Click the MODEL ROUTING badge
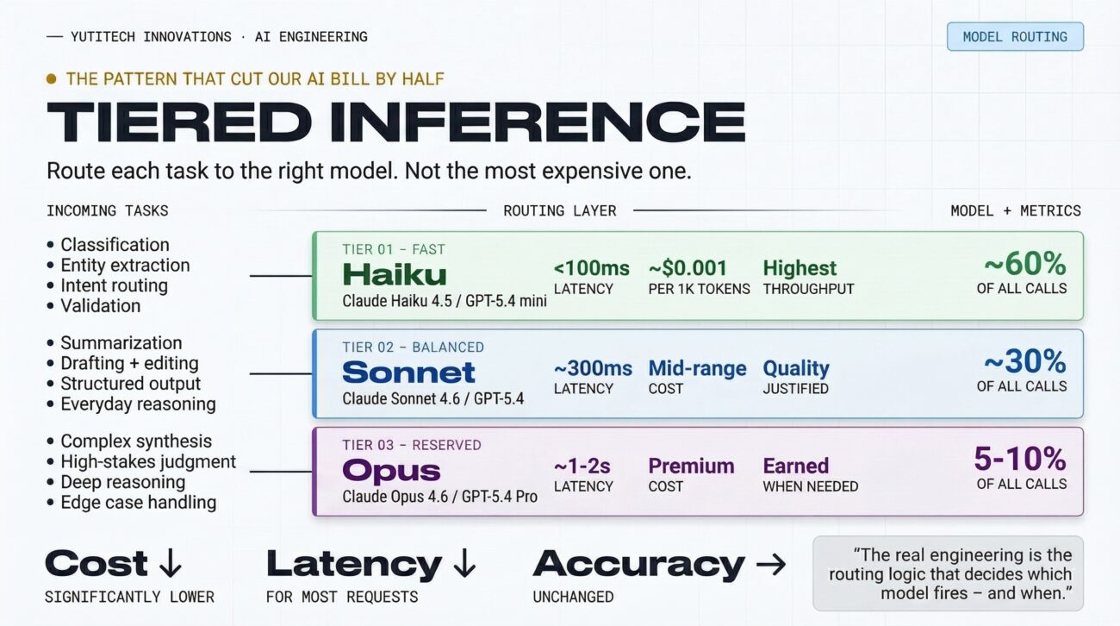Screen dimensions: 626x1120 1014,37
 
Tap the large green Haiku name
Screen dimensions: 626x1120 394,274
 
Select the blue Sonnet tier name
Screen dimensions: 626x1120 408,372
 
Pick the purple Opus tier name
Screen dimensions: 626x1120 391,471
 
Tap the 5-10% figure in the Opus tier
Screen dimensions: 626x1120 1020,459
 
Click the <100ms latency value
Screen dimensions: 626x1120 591,268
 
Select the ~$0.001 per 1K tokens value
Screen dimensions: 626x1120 688,268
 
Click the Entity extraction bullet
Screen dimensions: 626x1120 124,266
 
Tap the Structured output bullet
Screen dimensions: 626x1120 130,384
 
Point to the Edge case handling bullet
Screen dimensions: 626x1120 138,503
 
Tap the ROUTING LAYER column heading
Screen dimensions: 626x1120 560,210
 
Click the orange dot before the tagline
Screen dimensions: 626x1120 51,79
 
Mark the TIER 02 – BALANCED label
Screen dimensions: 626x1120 413,347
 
